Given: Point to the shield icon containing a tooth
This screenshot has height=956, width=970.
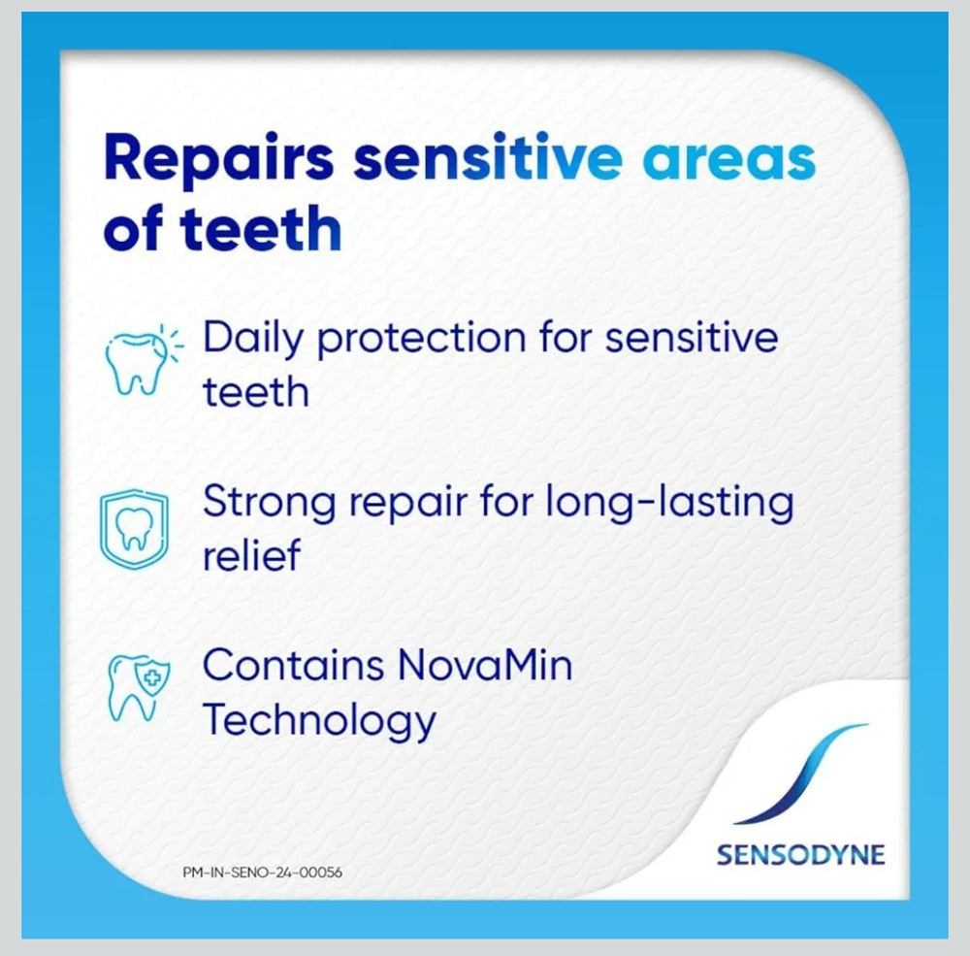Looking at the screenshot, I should pos(135,528).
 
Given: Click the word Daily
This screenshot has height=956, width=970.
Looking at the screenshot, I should pos(253,339).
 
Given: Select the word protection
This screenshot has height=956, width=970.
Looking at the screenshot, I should pos(421,339).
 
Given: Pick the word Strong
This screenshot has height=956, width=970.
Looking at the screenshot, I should pos(269,504).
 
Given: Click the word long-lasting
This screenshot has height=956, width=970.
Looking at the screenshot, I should pos(670,504).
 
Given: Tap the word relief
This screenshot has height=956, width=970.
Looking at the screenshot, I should pos(251,556).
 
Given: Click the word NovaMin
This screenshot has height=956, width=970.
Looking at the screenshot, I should pos(485,666).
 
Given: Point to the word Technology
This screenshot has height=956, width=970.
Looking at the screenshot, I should pos(319,720).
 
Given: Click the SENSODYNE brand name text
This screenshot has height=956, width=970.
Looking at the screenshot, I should pos(800,854).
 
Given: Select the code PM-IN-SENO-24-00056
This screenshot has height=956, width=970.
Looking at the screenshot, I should pos(263,872).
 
